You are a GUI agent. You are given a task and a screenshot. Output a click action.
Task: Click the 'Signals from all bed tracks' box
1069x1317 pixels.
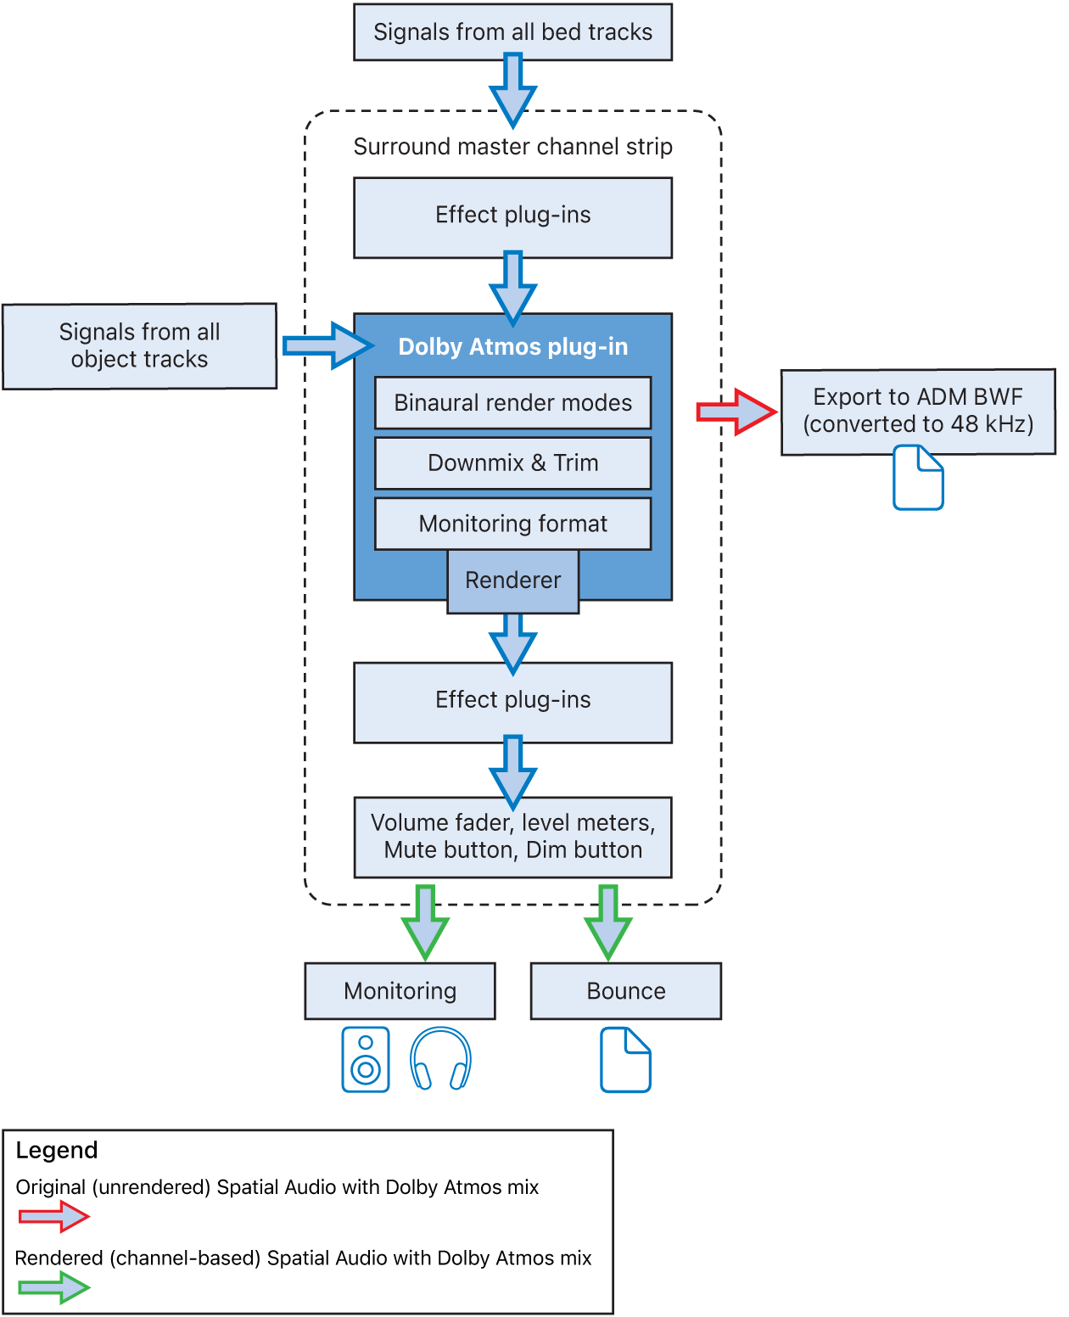pos(512,32)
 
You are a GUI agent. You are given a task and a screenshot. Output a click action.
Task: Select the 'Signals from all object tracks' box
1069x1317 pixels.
pos(139,346)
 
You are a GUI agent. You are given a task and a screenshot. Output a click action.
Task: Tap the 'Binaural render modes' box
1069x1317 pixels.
pos(512,403)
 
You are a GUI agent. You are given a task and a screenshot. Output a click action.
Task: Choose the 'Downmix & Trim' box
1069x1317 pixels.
pos(512,463)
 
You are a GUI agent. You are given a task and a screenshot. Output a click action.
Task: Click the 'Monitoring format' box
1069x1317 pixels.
pos(512,524)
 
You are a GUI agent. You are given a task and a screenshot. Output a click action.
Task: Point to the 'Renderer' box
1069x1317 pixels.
pos(512,580)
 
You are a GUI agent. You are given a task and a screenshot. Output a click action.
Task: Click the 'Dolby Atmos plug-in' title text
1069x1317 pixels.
pos(512,347)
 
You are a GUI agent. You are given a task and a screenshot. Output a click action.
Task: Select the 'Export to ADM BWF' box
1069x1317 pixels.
pos(918,411)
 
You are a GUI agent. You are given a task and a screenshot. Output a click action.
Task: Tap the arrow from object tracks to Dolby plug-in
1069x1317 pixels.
pos(327,345)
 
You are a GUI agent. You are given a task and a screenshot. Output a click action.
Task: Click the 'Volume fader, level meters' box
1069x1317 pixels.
pos(512,837)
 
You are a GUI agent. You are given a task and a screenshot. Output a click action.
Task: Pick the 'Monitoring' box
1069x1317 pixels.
pos(400,991)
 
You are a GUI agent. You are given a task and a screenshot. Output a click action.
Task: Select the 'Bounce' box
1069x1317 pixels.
pos(625,991)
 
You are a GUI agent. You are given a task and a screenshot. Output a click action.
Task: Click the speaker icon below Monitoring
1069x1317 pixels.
pos(366,1060)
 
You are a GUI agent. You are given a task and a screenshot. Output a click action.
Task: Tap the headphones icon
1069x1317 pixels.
pos(440,1059)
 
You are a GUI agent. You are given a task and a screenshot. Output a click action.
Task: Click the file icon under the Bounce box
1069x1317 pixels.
pos(625,1060)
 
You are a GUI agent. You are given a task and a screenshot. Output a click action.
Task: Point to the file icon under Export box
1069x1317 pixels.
pos(918,478)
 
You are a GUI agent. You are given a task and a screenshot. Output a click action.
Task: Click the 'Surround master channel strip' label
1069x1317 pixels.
pos(512,147)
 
